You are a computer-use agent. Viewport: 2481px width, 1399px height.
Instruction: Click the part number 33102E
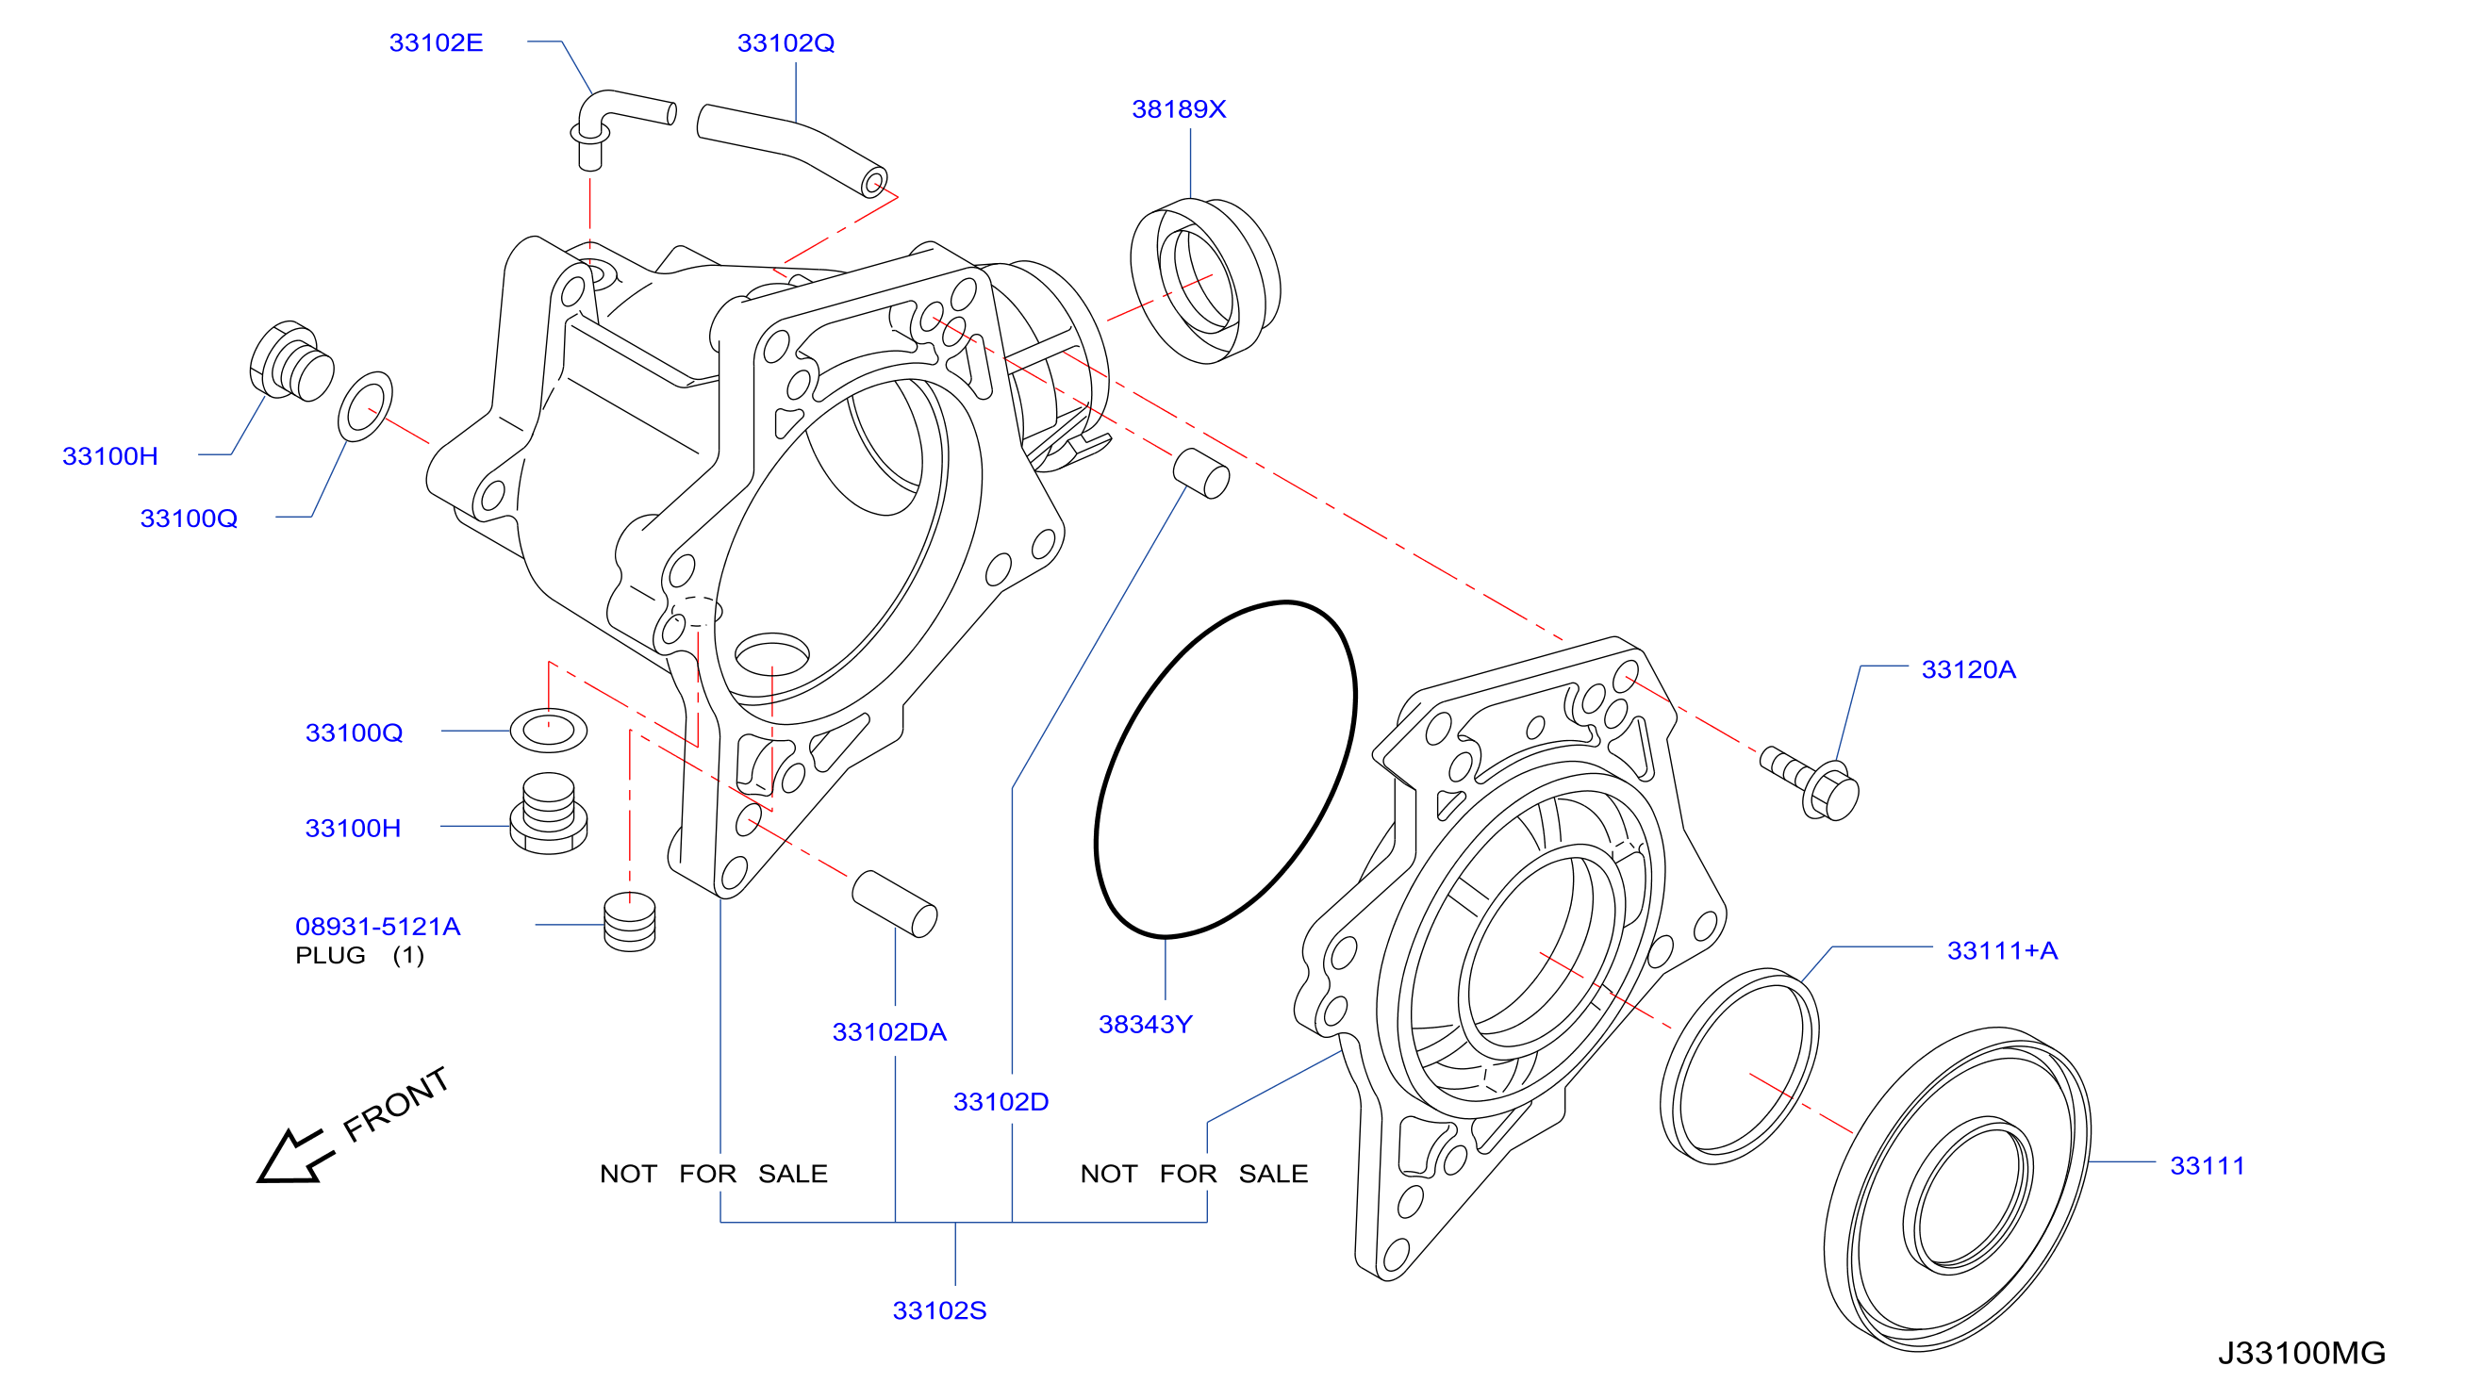(x=436, y=42)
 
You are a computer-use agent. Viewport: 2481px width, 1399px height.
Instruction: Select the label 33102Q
(x=786, y=42)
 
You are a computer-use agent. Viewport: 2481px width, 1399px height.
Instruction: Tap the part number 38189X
(x=1179, y=108)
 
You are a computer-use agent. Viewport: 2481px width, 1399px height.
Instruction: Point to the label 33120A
(x=1968, y=669)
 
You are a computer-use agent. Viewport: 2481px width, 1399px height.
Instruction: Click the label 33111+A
(x=2002, y=950)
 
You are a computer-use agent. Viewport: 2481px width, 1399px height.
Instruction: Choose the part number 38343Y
(x=1145, y=1024)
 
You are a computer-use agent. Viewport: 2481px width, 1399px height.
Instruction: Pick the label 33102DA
(x=889, y=1031)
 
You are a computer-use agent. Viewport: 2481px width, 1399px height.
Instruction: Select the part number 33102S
(x=939, y=1309)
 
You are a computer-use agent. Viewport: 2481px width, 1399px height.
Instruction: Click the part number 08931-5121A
(x=377, y=927)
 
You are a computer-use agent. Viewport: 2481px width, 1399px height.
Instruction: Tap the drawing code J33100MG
(x=2302, y=1353)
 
